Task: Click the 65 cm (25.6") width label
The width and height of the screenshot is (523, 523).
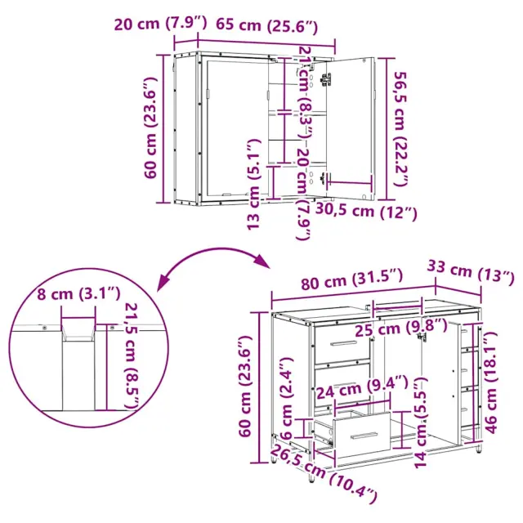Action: tap(267, 25)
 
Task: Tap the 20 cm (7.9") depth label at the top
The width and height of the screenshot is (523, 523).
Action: tap(161, 24)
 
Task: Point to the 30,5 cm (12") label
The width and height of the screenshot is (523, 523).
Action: tap(366, 211)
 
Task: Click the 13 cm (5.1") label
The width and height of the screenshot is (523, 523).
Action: tap(253, 184)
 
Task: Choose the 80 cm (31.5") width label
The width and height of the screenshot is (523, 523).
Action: tap(352, 279)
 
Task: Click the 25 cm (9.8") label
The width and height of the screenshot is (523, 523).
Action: tap(400, 328)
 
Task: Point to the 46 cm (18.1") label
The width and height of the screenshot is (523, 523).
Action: tap(491, 384)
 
